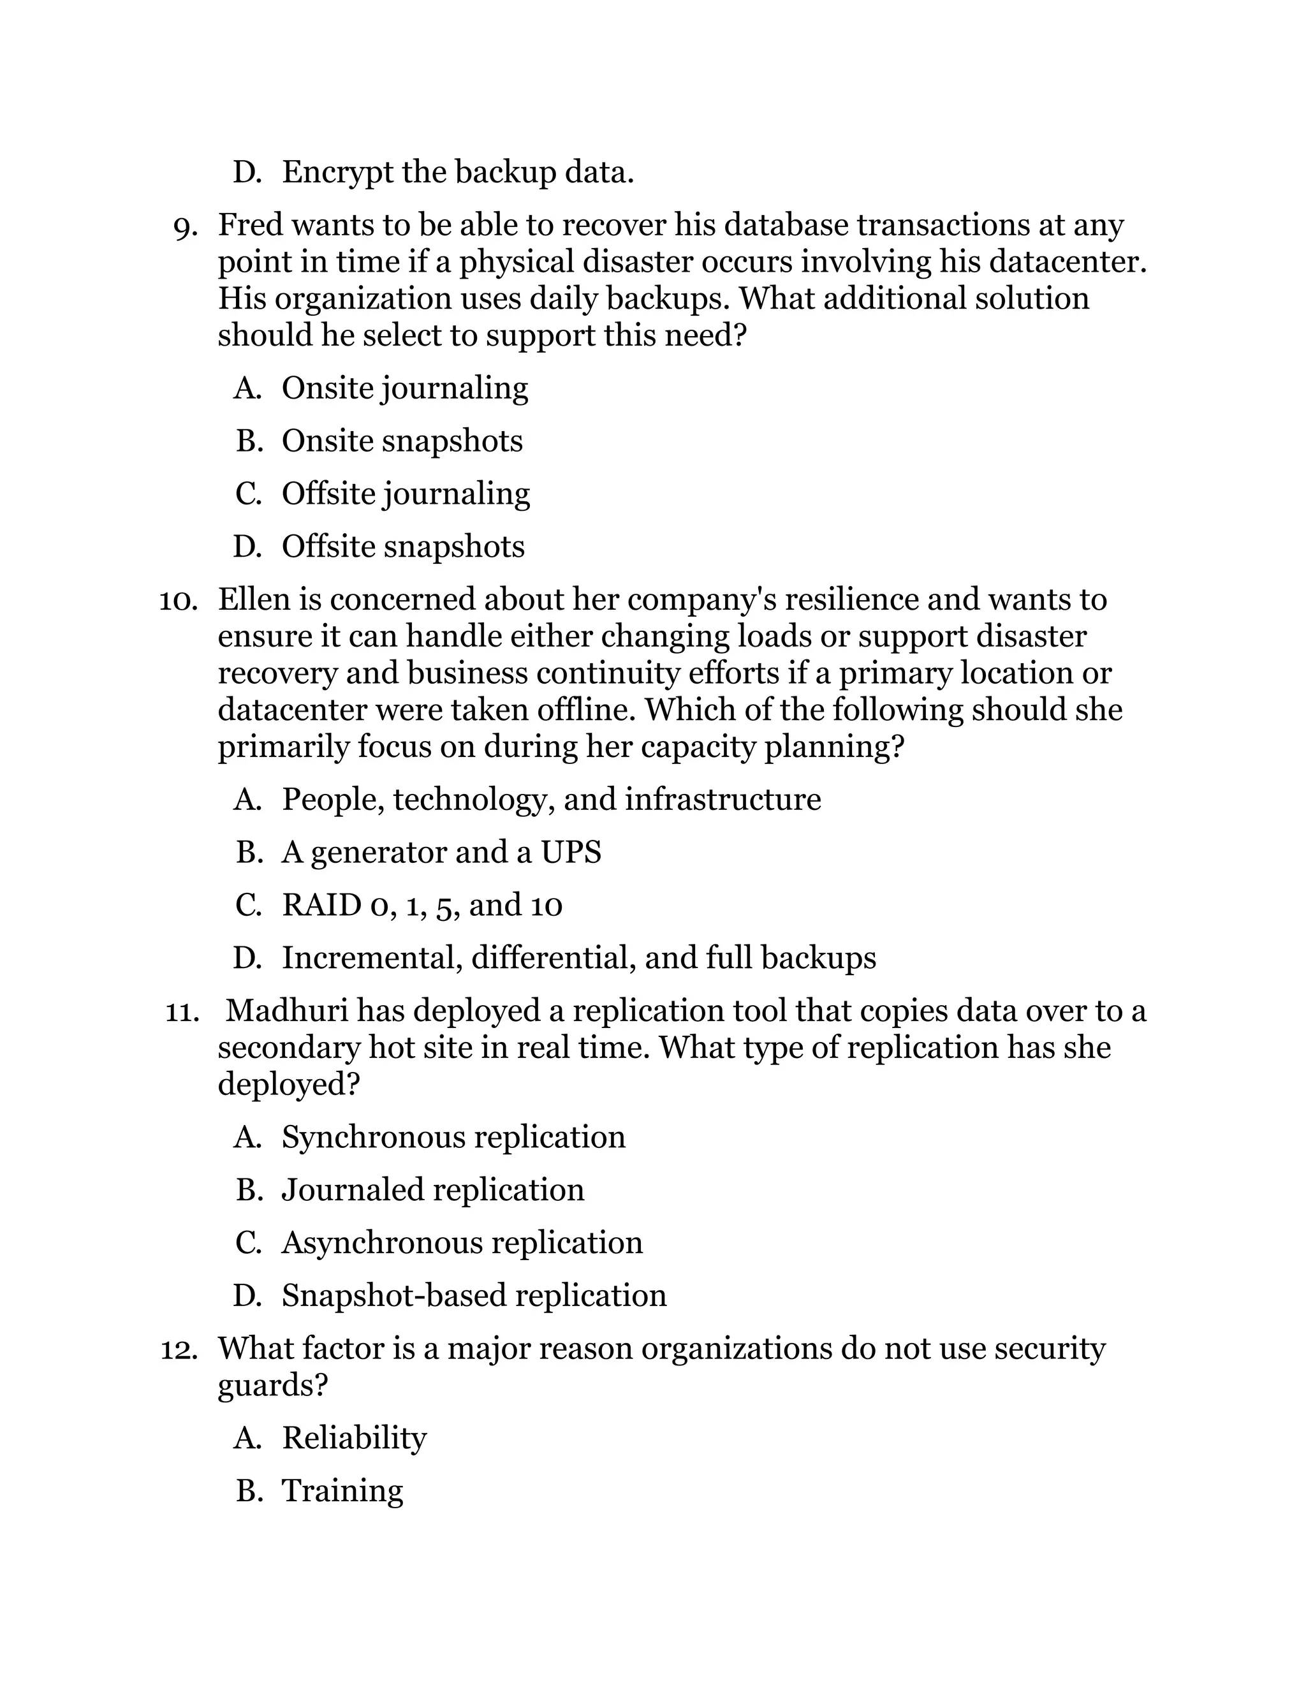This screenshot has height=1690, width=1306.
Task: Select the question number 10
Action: [178, 601]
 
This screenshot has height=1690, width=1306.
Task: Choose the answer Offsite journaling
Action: [406, 494]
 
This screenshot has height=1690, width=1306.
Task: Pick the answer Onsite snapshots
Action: [402, 442]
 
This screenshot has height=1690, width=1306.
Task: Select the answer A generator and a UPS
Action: [441, 853]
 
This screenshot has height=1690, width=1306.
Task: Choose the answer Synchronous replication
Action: [453, 1138]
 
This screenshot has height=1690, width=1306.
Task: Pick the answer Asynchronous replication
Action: [462, 1244]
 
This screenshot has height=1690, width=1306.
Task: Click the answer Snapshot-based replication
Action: [474, 1296]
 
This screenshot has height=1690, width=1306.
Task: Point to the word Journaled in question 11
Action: [353, 1190]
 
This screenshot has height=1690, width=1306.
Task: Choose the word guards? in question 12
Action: [272, 1386]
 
